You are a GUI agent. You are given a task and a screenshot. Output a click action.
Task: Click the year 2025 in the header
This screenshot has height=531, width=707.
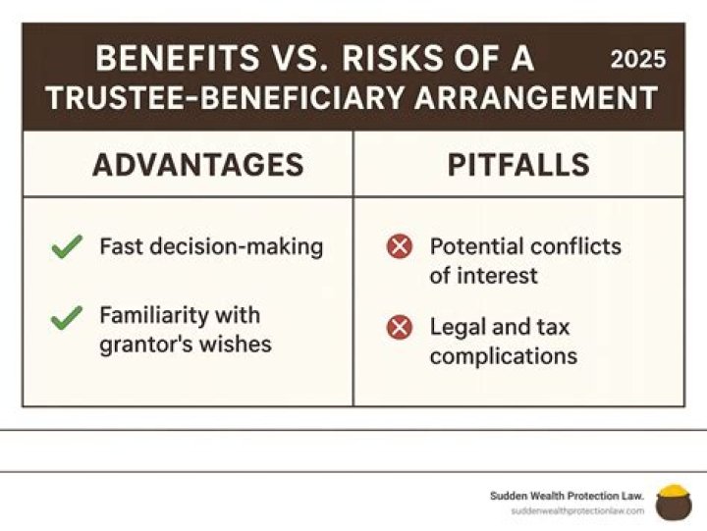(638, 59)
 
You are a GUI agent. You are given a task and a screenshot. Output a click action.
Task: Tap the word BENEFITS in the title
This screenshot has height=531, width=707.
(172, 59)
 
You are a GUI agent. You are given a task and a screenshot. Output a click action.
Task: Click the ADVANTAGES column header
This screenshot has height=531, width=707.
(198, 165)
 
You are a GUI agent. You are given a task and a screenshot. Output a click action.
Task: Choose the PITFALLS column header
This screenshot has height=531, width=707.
(518, 165)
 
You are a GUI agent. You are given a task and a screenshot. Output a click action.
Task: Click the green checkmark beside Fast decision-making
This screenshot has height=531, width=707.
(67, 247)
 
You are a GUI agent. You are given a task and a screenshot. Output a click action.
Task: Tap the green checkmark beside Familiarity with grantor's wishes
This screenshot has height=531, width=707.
(67, 317)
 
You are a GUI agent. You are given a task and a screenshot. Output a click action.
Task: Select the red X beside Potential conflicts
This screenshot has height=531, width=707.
(399, 247)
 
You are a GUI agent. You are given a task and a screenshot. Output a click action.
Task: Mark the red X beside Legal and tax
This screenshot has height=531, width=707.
(399, 327)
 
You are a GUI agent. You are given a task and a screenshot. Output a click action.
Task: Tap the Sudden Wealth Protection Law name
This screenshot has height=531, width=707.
(567, 496)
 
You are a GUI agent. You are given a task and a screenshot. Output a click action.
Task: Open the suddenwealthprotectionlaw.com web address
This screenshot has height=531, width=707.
(577, 511)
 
